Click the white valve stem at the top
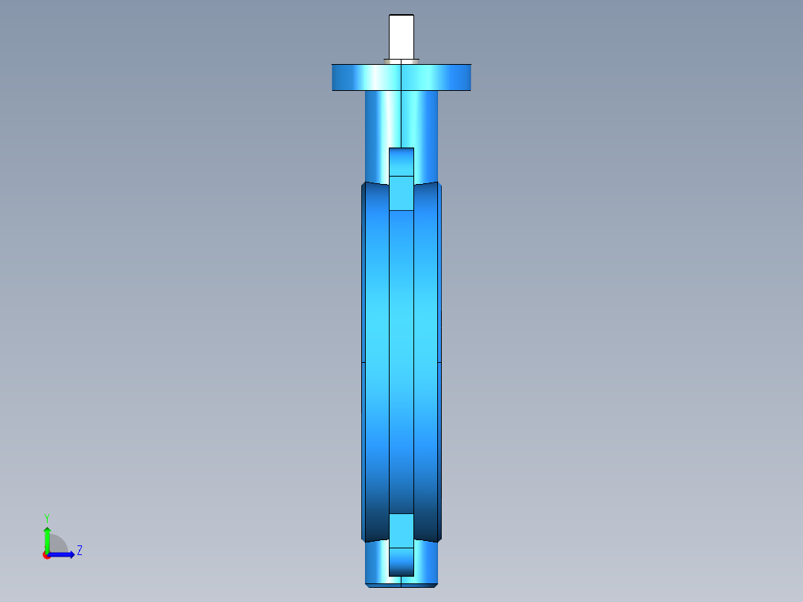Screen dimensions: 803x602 [x=401, y=37]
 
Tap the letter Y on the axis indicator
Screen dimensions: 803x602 [x=47, y=518]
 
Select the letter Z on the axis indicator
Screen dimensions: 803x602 [x=80, y=551]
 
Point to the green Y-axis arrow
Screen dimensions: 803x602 [x=47, y=539]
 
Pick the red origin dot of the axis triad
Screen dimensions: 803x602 [x=46, y=555]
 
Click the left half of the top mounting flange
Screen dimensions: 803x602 [x=366, y=77]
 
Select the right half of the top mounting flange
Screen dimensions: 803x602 [x=437, y=77]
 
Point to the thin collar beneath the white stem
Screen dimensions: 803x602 [x=401, y=62]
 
